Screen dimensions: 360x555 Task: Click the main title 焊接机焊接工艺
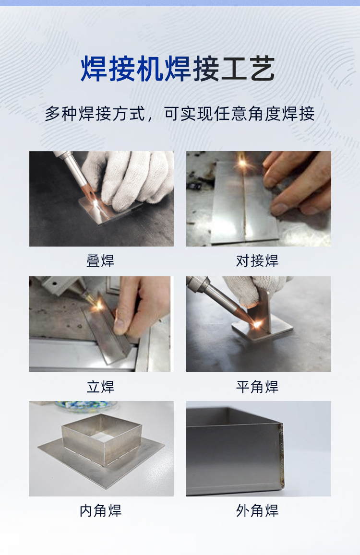pyautogui.click(x=178, y=69)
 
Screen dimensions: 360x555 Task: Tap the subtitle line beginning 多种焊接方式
pyautogui.click(x=180, y=114)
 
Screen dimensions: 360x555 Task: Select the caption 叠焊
pyautogui.click(x=101, y=261)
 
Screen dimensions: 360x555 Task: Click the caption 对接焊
pyautogui.click(x=258, y=261)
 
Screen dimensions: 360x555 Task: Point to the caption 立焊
pyautogui.click(x=101, y=387)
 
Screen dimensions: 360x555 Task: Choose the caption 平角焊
pyautogui.click(x=258, y=387)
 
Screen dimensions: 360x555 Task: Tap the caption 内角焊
pyautogui.click(x=101, y=511)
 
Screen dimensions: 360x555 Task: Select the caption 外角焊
pyautogui.click(x=258, y=511)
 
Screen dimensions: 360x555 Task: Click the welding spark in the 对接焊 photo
pyautogui.click(x=242, y=163)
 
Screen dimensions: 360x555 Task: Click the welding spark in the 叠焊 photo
pyautogui.click(x=96, y=203)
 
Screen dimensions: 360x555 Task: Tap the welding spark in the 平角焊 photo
pyautogui.click(x=257, y=323)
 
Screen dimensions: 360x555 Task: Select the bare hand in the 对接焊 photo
pyautogui.click(x=298, y=183)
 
